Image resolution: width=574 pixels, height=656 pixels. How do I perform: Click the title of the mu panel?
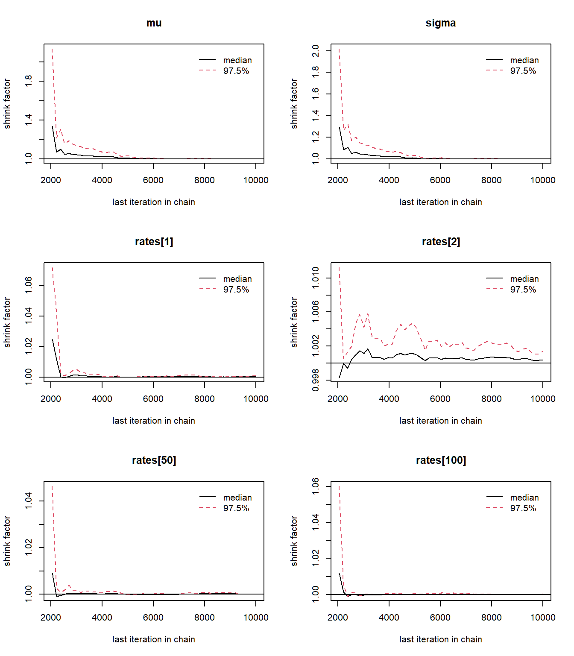(154, 23)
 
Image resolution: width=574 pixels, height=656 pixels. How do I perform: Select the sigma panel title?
(441, 23)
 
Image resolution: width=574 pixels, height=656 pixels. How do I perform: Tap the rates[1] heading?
(154, 242)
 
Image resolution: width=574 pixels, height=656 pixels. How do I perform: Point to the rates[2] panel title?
(441, 242)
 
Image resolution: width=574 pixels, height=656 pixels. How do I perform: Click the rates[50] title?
(154, 460)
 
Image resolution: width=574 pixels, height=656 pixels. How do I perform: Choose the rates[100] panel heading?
(441, 460)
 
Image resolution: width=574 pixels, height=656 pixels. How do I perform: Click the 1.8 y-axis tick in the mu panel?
(29, 81)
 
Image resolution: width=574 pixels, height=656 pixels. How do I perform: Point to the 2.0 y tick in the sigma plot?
(316, 51)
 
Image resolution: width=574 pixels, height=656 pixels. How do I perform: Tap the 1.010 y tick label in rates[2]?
(316, 278)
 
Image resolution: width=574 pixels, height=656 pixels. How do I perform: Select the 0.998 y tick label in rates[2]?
(316, 380)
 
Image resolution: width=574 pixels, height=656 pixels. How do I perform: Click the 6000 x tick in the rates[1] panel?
(153, 399)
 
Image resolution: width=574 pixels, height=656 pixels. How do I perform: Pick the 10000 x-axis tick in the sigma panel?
(543, 180)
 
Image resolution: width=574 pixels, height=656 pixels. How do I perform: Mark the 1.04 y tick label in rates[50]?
(29, 501)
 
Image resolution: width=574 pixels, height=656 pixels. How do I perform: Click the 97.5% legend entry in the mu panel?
(236, 71)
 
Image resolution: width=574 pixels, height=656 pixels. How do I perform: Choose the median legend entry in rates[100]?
(524, 498)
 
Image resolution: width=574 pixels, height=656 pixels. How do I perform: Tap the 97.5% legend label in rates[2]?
(523, 290)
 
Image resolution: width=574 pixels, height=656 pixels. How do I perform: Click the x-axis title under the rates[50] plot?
(154, 639)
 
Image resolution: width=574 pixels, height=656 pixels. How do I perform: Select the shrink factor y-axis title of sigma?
(294, 103)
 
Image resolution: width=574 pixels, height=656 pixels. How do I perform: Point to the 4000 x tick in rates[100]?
(389, 618)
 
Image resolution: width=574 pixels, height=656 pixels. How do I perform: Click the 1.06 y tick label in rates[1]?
(29, 285)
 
